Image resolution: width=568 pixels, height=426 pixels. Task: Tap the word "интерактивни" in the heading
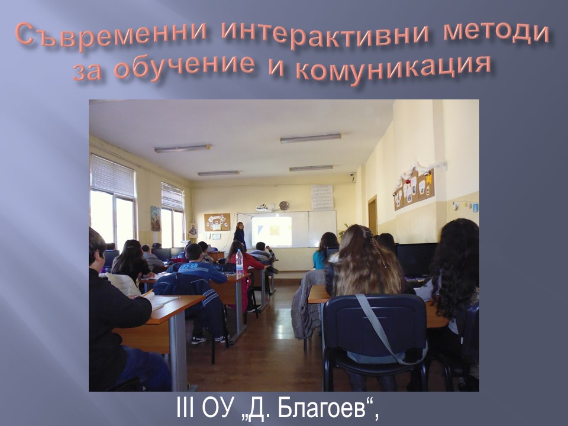pyautogui.click(x=325, y=36)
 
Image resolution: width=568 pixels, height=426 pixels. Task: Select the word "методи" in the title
pyautogui.click(x=496, y=34)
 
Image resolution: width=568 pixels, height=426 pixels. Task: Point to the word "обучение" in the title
pyautogui.click(x=185, y=66)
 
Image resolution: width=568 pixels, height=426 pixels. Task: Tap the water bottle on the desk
pyautogui.click(x=240, y=262)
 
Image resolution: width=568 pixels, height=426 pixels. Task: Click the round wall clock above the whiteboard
pyautogui.click(x=284, y=205)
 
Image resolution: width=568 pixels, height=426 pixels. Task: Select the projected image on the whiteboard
pyautogui.click(x=272, y=230)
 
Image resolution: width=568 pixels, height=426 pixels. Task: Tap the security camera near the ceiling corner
pyautogui.click(x=351, y=175)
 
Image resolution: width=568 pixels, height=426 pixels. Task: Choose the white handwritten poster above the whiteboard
pyautogui.click(x=322, y=197)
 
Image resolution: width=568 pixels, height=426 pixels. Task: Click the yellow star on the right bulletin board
pyautogui.click(x=430, y=179)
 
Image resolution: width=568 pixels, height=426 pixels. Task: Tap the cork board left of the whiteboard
pyautogui.click(x=217, y=222)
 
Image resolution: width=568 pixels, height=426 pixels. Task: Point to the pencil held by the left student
pyautogui.click(x=148, y=293)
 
